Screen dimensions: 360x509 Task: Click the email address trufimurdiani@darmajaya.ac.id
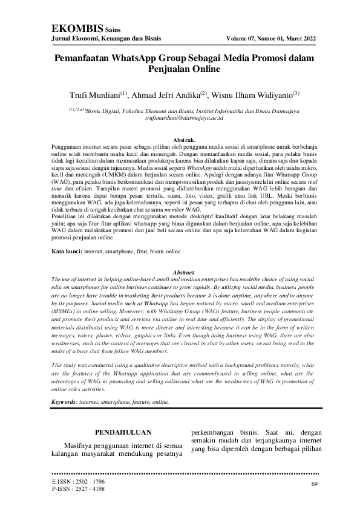(180, 118)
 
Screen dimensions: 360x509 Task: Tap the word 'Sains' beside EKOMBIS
(114, 29)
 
